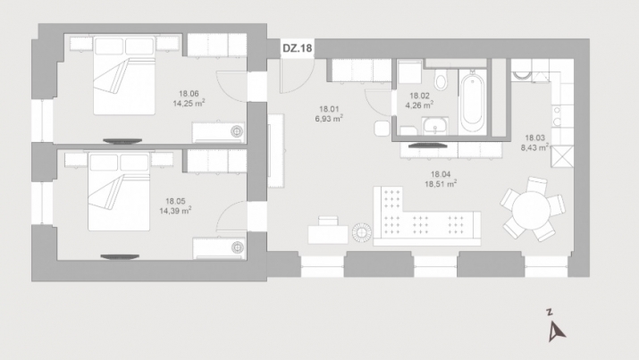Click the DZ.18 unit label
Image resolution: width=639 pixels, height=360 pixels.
pos(297,48)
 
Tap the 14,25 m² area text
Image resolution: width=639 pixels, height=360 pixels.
pos(189,103)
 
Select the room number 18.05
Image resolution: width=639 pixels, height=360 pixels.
pos(175,201)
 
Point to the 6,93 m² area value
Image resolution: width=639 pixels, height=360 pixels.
pos(329,119)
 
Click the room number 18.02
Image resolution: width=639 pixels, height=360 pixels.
pos(419,96)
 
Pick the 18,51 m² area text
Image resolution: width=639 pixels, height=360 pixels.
pos(441,184)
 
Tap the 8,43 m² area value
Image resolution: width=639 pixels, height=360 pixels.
pos(534,147)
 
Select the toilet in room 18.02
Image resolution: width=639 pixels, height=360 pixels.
pos(441,80)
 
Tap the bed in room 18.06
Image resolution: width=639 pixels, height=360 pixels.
pos(125,76)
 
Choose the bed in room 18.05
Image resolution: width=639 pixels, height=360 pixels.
pos(119,192)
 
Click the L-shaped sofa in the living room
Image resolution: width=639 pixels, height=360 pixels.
pos(426,217)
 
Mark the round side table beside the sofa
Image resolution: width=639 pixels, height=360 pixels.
pos(361,233)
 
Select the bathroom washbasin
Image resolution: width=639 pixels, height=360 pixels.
pos(435,126)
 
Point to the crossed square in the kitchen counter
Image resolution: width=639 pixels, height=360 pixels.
pos(562,156)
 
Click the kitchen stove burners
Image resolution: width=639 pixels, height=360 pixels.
pos(556,115)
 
